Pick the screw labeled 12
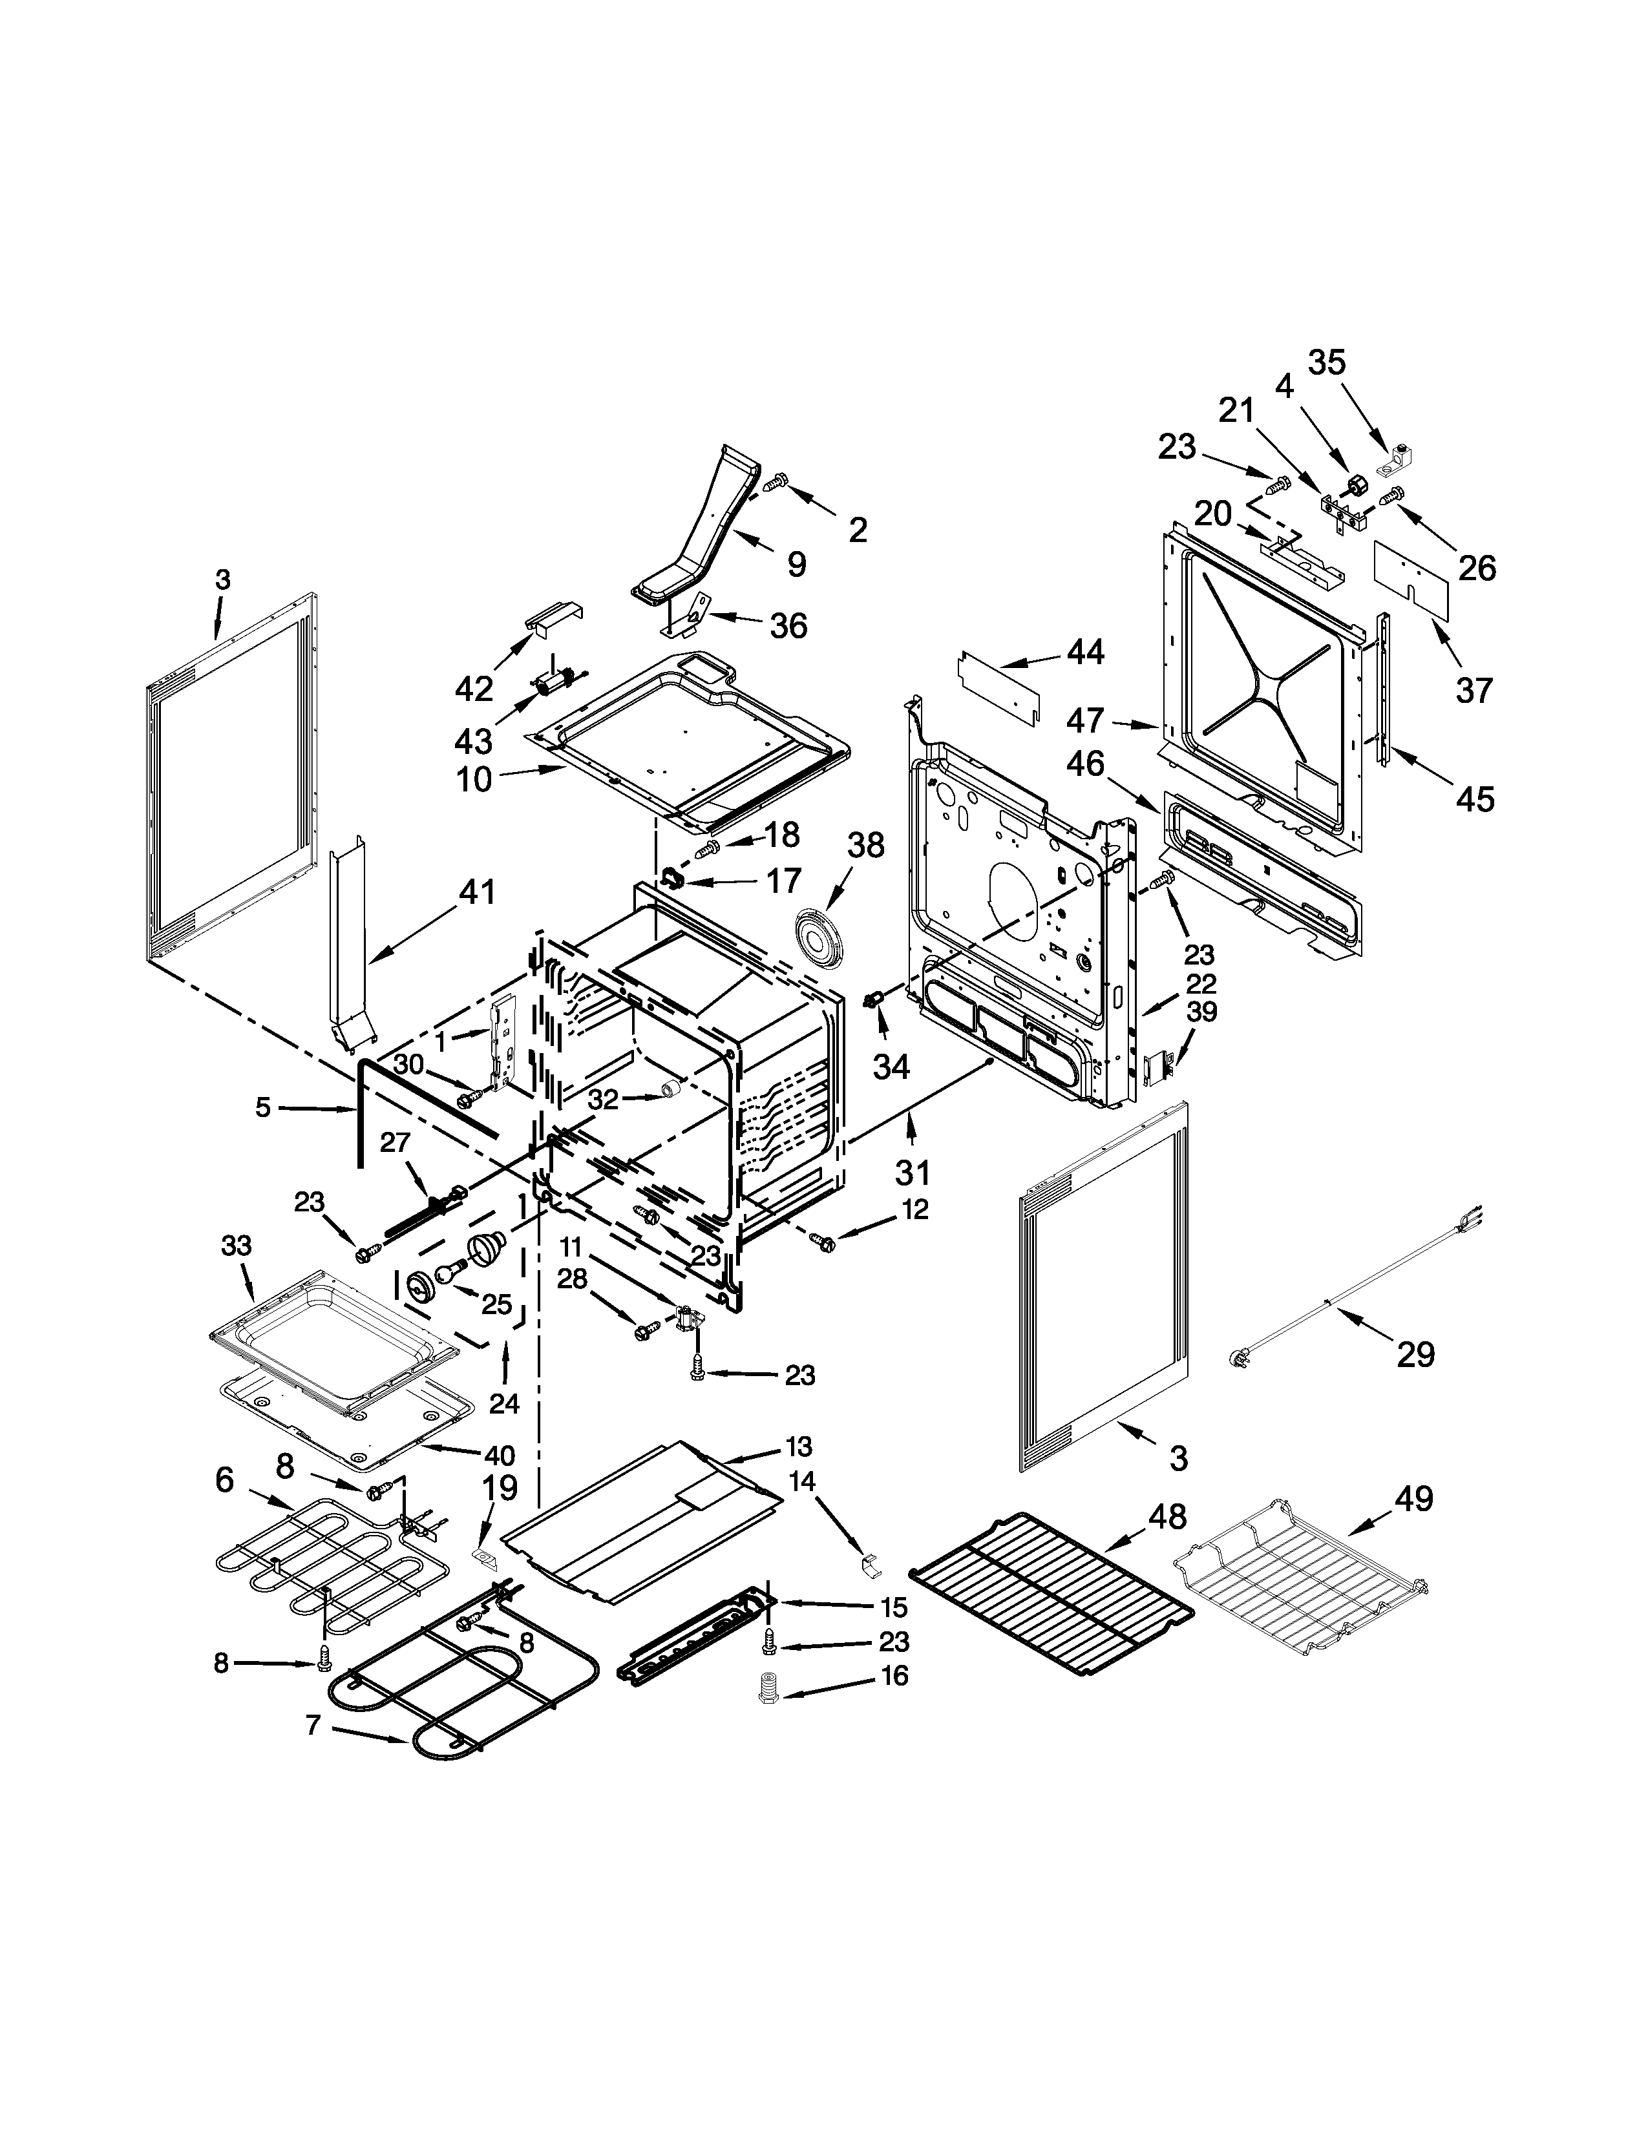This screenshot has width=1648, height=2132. click(x=823, y=1242)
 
